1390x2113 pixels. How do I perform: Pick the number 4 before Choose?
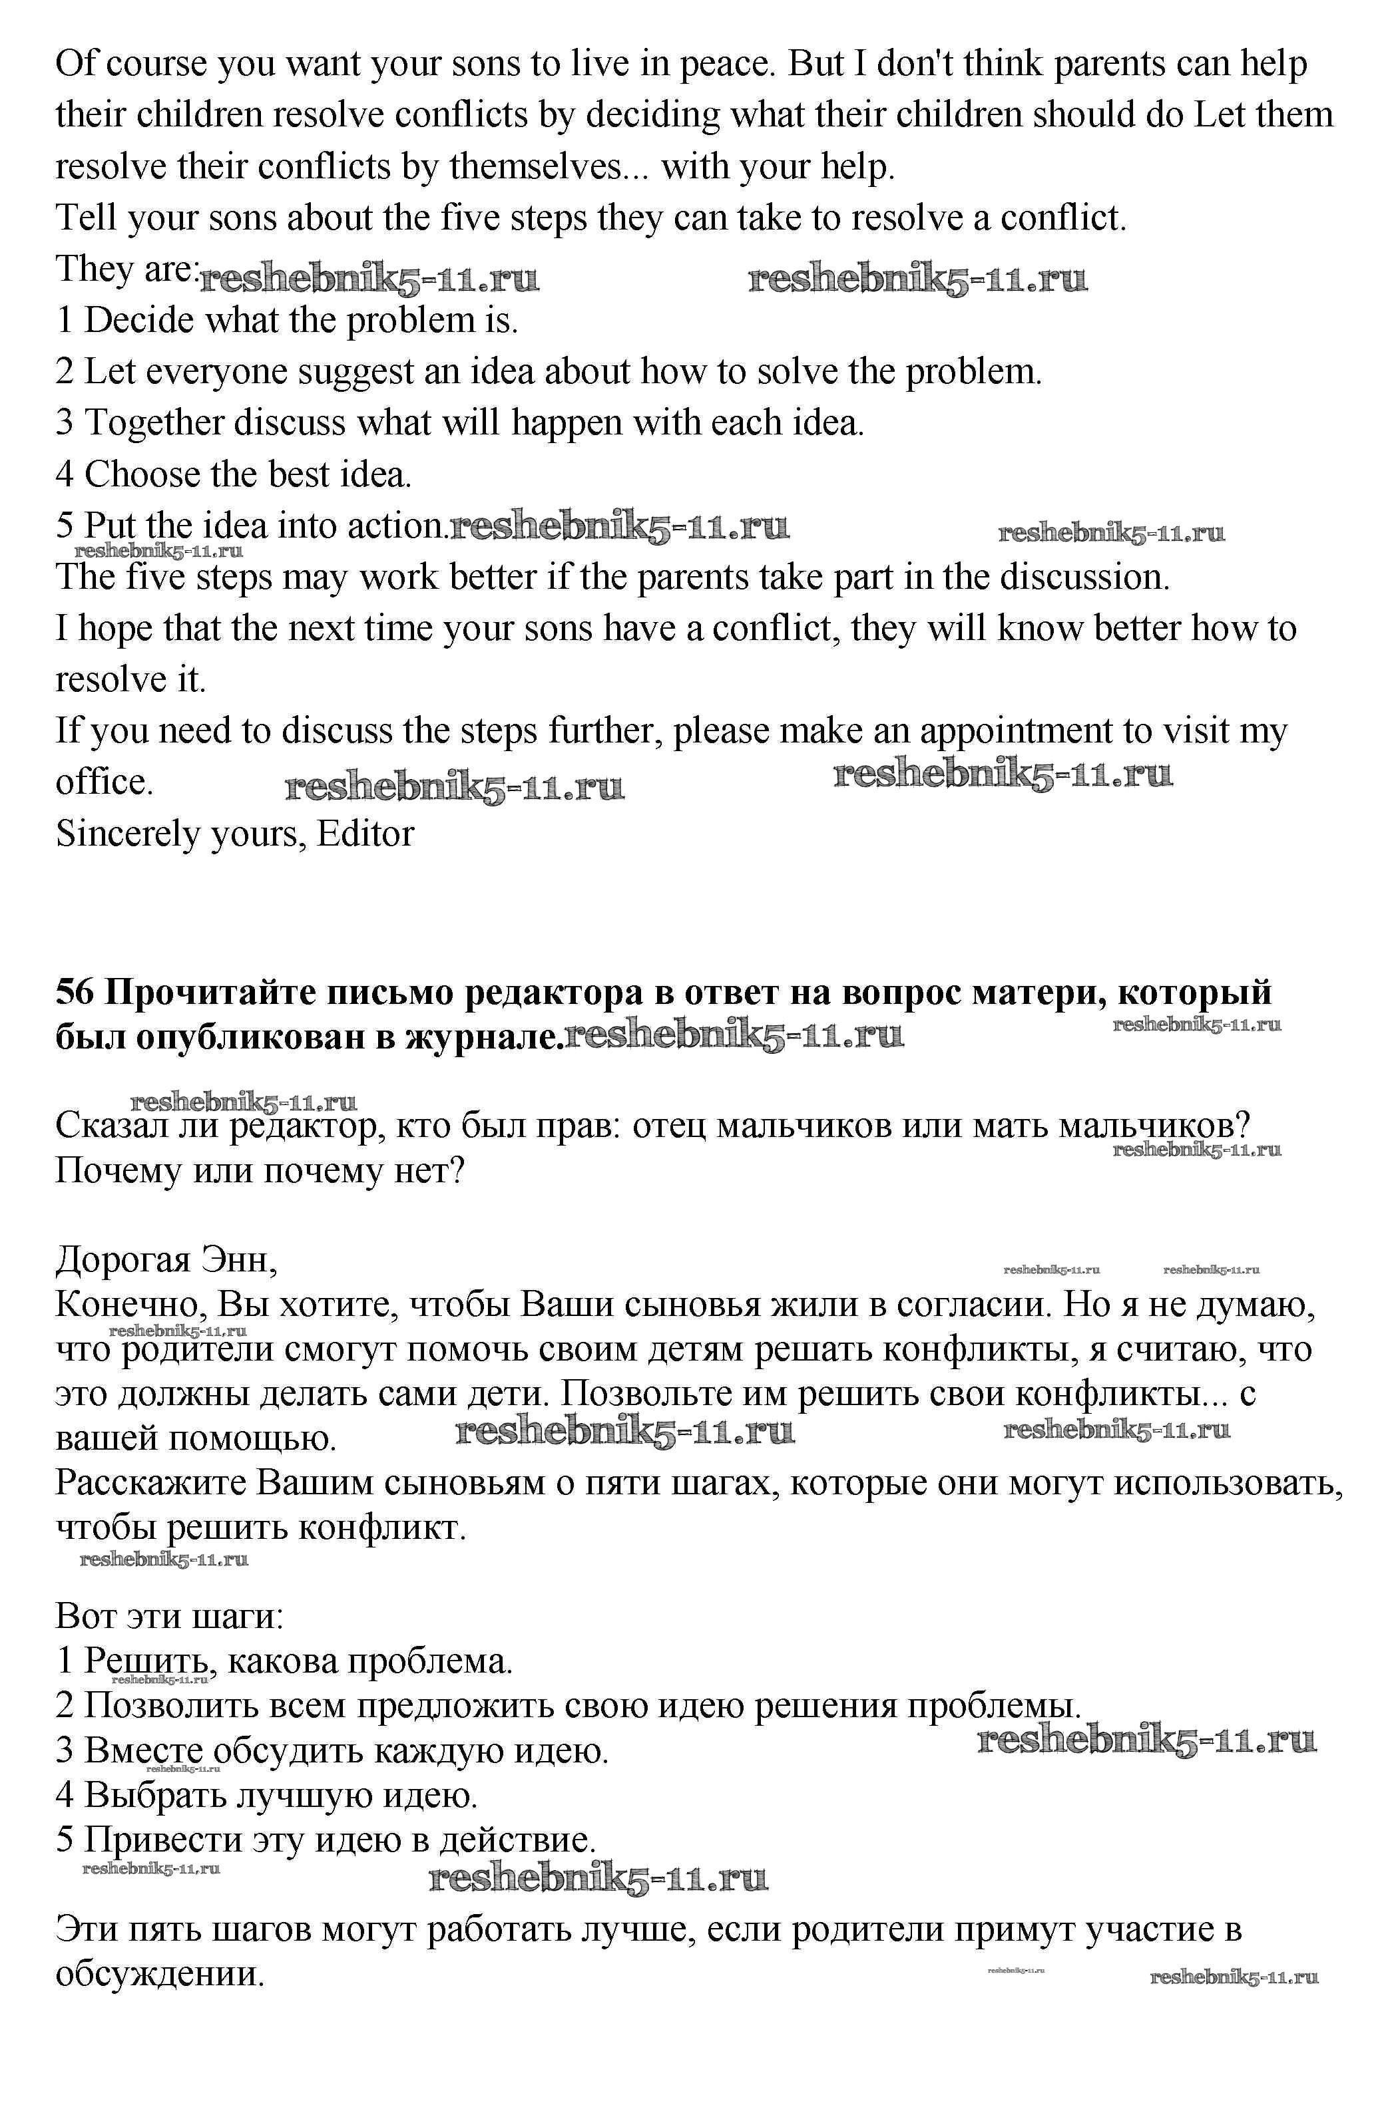point(65,475)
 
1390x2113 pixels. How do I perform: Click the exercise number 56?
point(75,993)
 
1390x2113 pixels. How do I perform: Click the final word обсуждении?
point(160,1973)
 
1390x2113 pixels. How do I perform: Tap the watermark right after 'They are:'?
point(369,279)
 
